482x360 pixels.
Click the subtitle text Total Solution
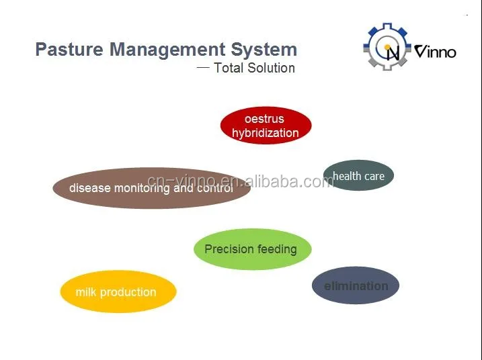(x=254, y=68)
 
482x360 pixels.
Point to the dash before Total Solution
(x=203, y=67)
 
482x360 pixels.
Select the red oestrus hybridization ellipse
(x=266, y=126)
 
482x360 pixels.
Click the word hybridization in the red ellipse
(x=265, y=133)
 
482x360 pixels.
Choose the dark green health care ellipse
(x=358, y=175)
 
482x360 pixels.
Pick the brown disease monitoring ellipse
(x=151, y=188)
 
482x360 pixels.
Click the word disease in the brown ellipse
(x=90, y=188)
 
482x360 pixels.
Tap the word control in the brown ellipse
(x=214, y=188)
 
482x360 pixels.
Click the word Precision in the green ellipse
(x=229, y=249)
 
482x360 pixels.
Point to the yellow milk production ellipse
(x=118, y=292)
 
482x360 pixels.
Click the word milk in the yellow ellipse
(x=87, y=292)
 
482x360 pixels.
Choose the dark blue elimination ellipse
(x=356, y=286)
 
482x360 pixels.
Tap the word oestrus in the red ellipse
(x=264, y=119)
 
